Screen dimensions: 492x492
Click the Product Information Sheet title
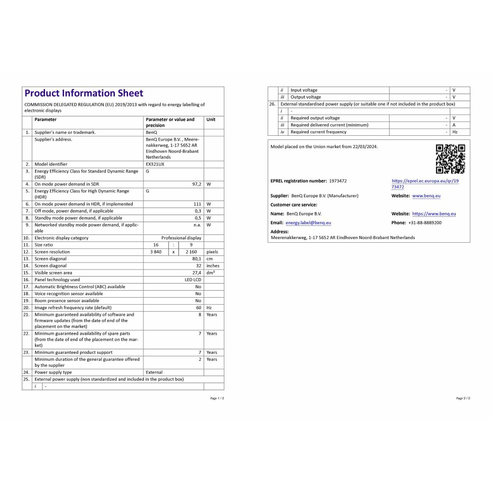[x=84, y=93]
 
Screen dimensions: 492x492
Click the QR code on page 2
[x=450, y=159]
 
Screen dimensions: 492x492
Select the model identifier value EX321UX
[x=155, y=164]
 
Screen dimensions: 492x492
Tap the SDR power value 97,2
[x=197, y=184]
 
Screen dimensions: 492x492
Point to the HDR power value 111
[x=197, y=204]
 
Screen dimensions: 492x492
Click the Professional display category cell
[x=181, y=238]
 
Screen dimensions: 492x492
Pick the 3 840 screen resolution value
[x=156, y=252]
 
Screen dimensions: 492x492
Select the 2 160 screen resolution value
[x=191, y=252]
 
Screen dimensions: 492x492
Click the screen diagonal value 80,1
[x=197, y=259]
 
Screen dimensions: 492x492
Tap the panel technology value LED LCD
[x=193, y=280]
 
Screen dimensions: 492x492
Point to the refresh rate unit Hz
[x=209, y=307]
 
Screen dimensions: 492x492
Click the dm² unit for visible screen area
[x=210, y=273]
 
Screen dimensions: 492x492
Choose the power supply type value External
[x=154, y=372]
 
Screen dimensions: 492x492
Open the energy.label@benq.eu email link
[x=308, y=223]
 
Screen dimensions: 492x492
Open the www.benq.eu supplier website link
[x=426, y=196]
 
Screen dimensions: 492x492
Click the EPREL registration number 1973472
[x=338, y=181]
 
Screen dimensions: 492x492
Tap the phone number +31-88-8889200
[x=425, y=223]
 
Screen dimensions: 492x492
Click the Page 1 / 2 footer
[x=217, y=398]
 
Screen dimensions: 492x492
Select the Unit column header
[x=211, y=119]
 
